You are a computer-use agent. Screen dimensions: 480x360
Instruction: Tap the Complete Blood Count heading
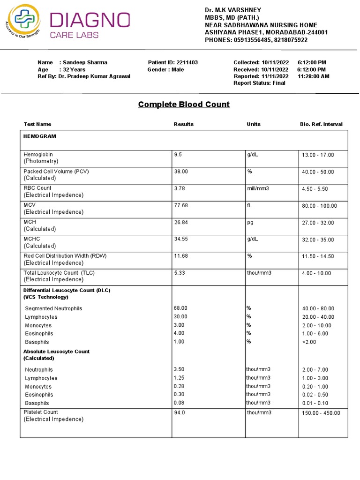click(x=184, y=104)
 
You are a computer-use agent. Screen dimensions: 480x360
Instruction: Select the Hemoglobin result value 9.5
click(x=178, y=154)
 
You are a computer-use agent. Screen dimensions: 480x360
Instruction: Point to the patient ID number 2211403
click(x=187, y=62)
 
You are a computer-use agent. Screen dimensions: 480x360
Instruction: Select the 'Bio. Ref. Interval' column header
click(x=321, y=124)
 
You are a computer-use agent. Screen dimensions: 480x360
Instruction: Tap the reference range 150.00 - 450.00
click(x=321, y=412)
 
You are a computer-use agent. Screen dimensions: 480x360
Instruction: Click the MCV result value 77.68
click(x=181, y=205)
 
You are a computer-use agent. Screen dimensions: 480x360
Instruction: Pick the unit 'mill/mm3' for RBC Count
click(x=258, y=188)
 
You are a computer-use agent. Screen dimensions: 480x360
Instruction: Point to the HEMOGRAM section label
click(x=40, y=136)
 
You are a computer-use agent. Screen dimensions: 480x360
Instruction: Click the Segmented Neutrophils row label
click(x=53, y=308)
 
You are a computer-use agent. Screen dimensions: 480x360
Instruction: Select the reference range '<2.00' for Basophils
click(x=309, y=342)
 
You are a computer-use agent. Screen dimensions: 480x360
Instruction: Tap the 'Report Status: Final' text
click(x=259, y=83)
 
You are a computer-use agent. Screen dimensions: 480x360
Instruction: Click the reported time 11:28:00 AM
click(x=313, y=76)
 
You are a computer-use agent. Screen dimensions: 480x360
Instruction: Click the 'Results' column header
click(x=183, y=124)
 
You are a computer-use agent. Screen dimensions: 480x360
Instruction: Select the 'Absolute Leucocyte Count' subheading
click(x=56, y=351)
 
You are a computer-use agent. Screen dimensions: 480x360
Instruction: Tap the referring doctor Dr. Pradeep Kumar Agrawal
click(x=94, y=76)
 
